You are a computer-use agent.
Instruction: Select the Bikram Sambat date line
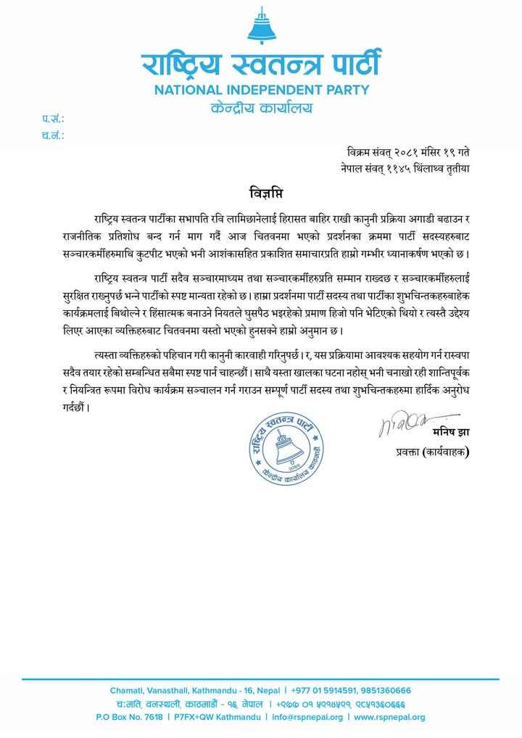(409, 152)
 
